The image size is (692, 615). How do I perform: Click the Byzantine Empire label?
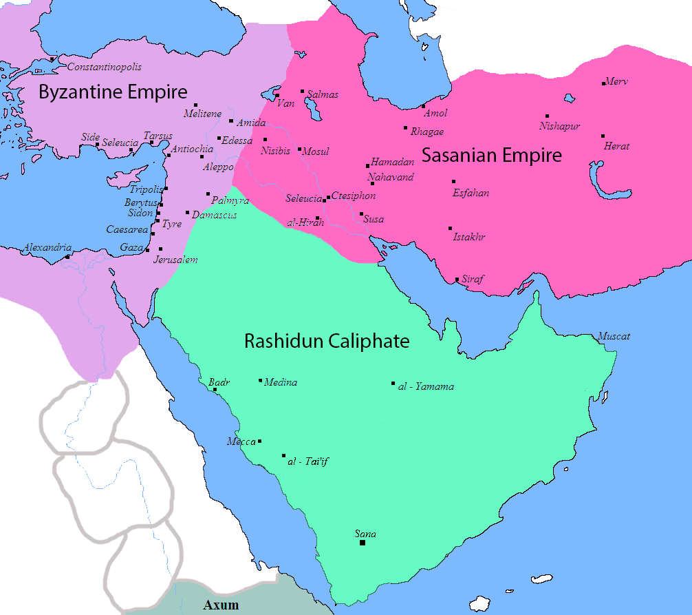point(113,92)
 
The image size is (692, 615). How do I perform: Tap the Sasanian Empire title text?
point(491,156)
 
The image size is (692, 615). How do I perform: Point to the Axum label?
point(221,605)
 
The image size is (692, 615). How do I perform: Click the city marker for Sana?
point(363,543)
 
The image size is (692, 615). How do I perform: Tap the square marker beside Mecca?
point(259,441)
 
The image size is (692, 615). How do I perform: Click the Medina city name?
point(281,382)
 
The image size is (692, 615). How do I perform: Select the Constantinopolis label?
point(104,67)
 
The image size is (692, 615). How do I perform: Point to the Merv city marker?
point(603,83)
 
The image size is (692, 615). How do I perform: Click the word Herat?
point(616,146)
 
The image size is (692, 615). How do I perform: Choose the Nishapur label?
point(559,126)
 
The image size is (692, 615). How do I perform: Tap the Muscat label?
point(614,336)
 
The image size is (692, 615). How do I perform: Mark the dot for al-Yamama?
point(393,384)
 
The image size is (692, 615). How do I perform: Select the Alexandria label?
point(47,247)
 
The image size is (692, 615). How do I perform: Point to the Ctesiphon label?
point(354,196)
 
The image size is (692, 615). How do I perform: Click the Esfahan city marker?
point(453,182)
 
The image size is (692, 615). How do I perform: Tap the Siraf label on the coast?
point(473,279)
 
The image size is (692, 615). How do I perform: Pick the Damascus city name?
point(214,215)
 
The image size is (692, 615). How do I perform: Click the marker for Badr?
point(215,390)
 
